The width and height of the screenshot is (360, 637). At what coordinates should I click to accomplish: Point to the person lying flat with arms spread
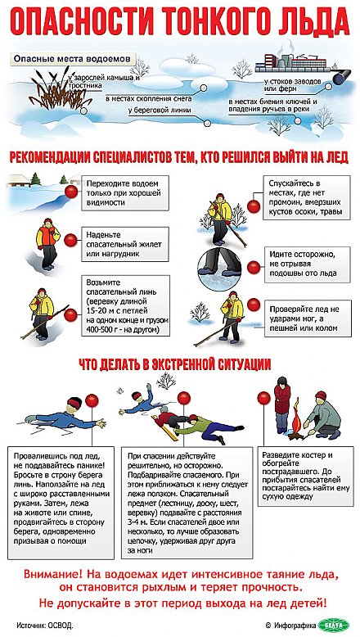(x=57, y=417)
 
